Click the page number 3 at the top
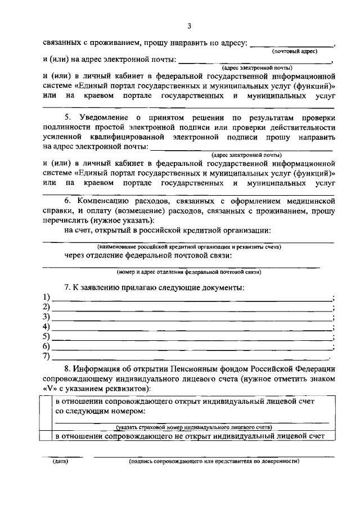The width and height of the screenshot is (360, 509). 190,26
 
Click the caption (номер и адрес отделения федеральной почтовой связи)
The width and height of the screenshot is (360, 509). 188,272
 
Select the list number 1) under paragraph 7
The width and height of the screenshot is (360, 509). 47,298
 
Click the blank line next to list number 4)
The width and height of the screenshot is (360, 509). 191,328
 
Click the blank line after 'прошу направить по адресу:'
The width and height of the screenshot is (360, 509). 291,44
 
